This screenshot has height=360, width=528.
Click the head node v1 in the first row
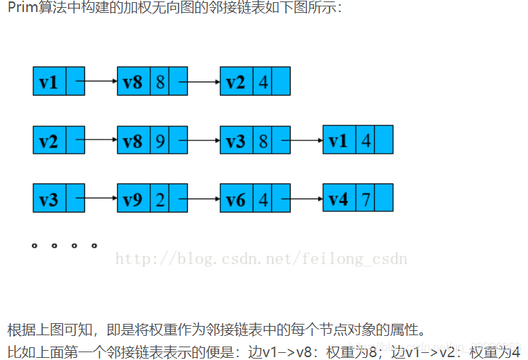pyautogui.click(x=49, y=81)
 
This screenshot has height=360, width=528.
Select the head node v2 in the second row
pyautogui.click(x=49, y=140)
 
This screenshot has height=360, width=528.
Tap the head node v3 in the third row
pyautogui.click(x=49, y=198)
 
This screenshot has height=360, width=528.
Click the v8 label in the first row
pyautogui.click(x=133, y=81)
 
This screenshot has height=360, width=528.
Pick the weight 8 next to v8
pyautogui.click(x=160, y=81)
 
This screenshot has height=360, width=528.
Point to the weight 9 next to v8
pyautogui.click(x=160, y=140)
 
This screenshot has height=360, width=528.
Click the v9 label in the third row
pyautogui.click(x=133, y=198)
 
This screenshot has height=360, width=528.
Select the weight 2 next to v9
pyautogui.click(x=160, y=198)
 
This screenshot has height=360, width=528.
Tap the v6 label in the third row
pyautogui.click(x=236, y=198)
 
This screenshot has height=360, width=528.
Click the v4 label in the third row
pyautogui.click(x=339, y=198)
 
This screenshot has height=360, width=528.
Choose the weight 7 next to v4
pyautogui.click(x=366, y=198)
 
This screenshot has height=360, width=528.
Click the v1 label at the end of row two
pyautogui.click(x=339, y=140)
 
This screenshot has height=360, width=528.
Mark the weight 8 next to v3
pyautogui.click(x=263, y=140)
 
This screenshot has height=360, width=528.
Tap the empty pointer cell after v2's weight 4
pyautogui.click(x=281, y=81)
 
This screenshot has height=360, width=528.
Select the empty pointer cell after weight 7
pyautogui.click(x=384, y=198)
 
